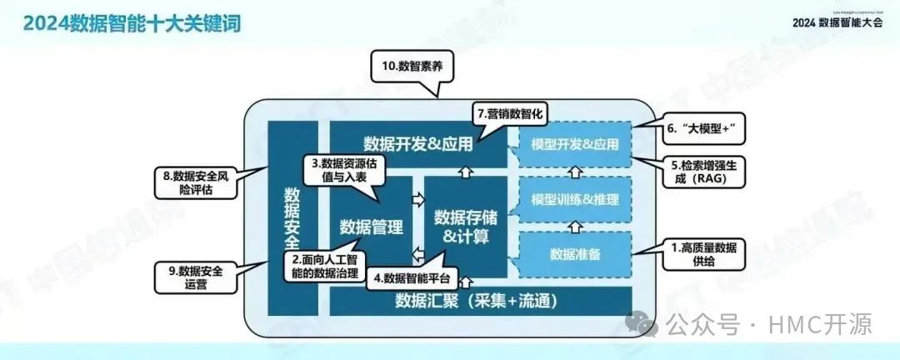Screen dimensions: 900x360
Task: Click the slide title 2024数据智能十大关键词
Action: pyautogui.click(x=132, y=22)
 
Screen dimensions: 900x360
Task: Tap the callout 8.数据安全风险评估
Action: pyautogui.click(x=200, y=182)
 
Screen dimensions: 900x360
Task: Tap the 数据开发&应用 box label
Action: pyautogui.click(x=418, y=143)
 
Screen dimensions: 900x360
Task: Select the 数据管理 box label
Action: pyautogui.click(x=372, y=227)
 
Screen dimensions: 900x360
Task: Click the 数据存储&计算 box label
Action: pyautogui.click(x=466, y=227)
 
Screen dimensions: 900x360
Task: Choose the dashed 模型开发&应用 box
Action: pyautogui.click(x=575, y=144)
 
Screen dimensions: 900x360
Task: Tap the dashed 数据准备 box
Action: pyautogui.click(x=575, y=254)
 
